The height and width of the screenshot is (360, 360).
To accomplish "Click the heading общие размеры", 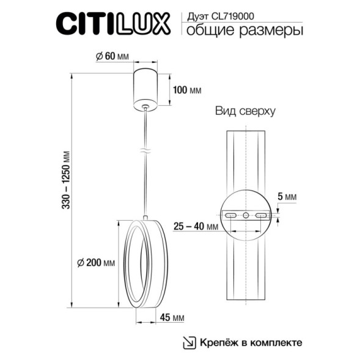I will [x=243, y=30].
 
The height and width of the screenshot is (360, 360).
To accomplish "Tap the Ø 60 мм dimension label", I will [x=113, y=56].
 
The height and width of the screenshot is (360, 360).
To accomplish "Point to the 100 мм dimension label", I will [x=187, y=90].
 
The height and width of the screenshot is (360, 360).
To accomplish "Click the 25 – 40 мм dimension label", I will [x=196, y=227].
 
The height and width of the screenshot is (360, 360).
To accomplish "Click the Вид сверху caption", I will [x=245, y=112].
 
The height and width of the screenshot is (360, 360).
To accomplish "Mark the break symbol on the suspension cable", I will [x=145, y=149].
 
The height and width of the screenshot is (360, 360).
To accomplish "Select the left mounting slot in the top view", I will [x=230, y=216].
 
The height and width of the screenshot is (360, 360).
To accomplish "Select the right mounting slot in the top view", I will [x=261, y=216].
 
